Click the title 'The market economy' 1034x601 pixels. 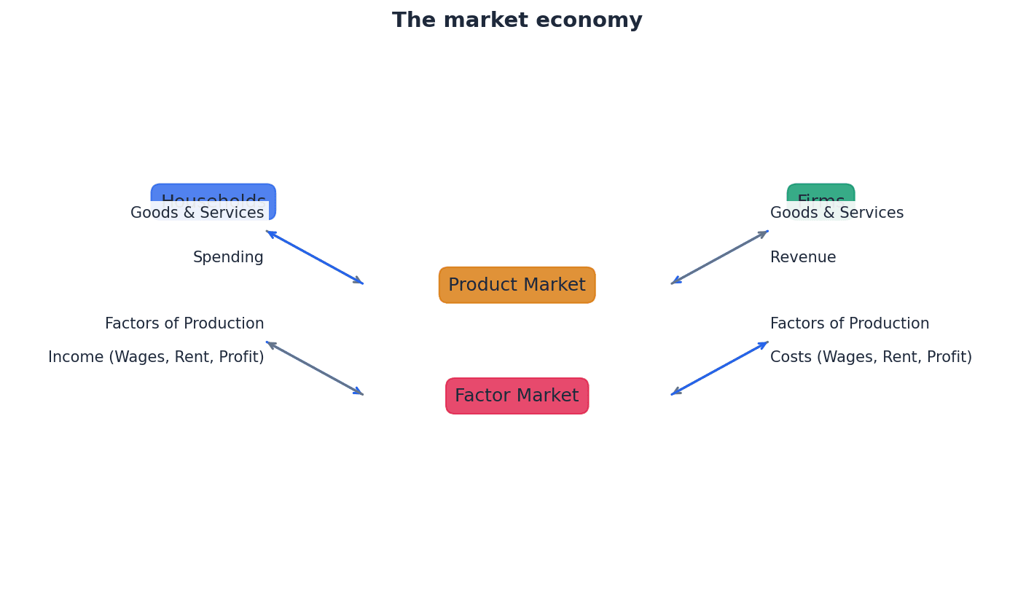coord(517,20)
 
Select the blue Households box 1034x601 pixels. coord(213,193)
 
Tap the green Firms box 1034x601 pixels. coord(820,193)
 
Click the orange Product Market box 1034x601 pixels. coord(517,285)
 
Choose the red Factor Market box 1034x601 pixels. coord(517,396)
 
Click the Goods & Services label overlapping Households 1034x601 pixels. coord(197,213)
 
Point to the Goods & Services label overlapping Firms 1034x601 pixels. coord(837,213)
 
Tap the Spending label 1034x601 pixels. coord(228,258)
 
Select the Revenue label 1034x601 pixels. coord(803,258)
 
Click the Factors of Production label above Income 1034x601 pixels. coord(184,324)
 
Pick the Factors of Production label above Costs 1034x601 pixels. coord(850,324)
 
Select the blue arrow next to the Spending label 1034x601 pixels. coord(314,257)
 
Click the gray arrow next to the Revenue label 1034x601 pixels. coord(720,257)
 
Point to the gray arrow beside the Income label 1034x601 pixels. coord(314,368)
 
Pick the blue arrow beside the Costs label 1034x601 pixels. coord(720,368)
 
